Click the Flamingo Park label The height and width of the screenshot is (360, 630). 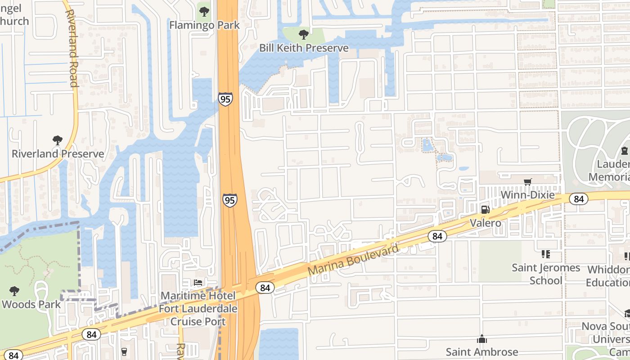(x=204, y=25)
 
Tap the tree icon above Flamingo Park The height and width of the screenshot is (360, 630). (x=204, y=11)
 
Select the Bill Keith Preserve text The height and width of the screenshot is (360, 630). (x=304, y=48)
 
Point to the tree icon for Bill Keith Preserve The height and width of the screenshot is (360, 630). (x=304, y=34)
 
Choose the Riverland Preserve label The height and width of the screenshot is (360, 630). (x=58, y=154)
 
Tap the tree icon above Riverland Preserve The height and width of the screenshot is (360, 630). (x=57, y=140)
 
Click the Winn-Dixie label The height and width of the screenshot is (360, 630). (x=527, y=195)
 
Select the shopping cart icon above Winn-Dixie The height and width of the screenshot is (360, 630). (x=527, y=182)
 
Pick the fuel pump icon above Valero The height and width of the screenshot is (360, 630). (x=485, y=209)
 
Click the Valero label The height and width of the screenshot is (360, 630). (x=485, y=223)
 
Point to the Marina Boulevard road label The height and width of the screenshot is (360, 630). (x=354, y=260)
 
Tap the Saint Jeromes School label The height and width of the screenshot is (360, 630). (x=546, y=274)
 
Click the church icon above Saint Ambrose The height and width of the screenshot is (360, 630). (x=482, y=338)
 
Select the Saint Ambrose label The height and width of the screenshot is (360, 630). (x=482, y=352)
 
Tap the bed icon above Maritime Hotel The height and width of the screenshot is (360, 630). (x=198, y=283)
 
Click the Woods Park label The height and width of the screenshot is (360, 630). (x=31, y=304)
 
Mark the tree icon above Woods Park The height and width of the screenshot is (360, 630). (x=14, y=291)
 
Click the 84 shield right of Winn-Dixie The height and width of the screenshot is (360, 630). (x=578, y=199)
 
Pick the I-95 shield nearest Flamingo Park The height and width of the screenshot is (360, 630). (x=225, y=99)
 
